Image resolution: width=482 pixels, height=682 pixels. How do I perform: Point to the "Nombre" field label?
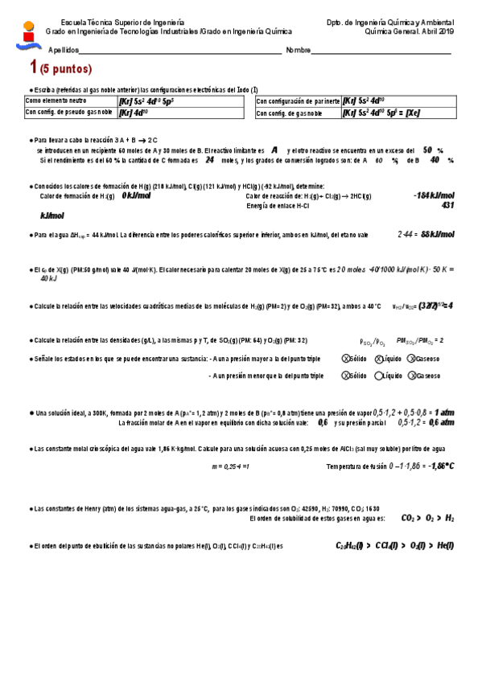tap(298, 50)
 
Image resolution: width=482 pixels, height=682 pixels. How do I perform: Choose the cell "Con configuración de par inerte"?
tap(295, 101)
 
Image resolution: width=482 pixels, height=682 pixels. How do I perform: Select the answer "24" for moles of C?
tap(209, 159)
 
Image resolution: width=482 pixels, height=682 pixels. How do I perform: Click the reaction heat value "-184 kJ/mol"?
tap(433, 195)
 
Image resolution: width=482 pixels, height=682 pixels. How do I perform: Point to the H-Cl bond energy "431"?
tap(448, 206)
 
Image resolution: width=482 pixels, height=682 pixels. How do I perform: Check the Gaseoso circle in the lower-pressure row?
tap(412, 376)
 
